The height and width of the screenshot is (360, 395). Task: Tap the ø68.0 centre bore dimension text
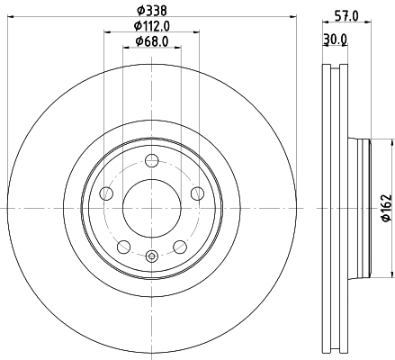(152, 41)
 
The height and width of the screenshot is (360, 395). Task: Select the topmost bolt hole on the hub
(152, 161)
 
